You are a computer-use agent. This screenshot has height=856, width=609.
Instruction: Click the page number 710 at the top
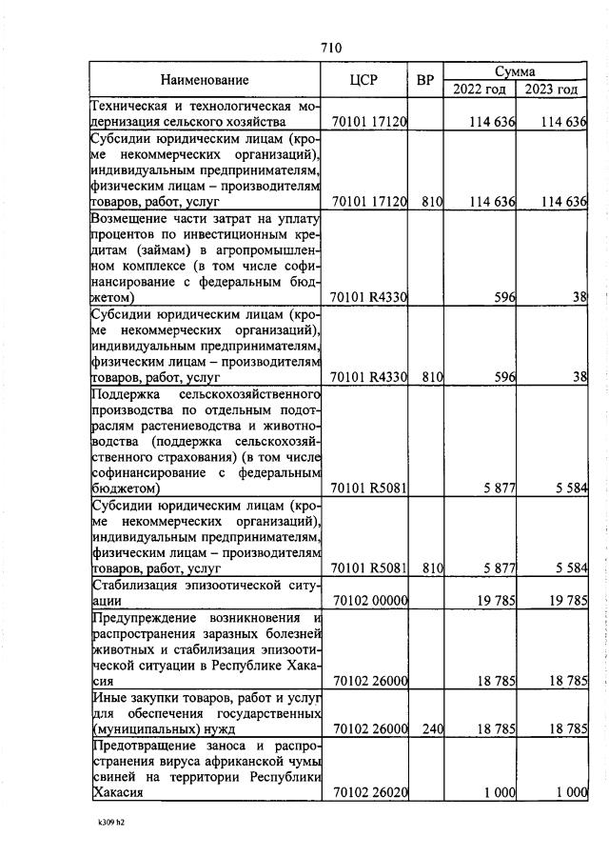point(330,49)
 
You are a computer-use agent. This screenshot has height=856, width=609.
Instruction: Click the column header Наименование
point(204,80)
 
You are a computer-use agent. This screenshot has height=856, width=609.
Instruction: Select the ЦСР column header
point(364,80)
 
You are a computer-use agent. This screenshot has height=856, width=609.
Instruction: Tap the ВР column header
point(425,80)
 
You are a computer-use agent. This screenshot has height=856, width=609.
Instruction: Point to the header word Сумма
point(514,71)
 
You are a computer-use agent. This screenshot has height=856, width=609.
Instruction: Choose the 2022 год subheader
point(479,90)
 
